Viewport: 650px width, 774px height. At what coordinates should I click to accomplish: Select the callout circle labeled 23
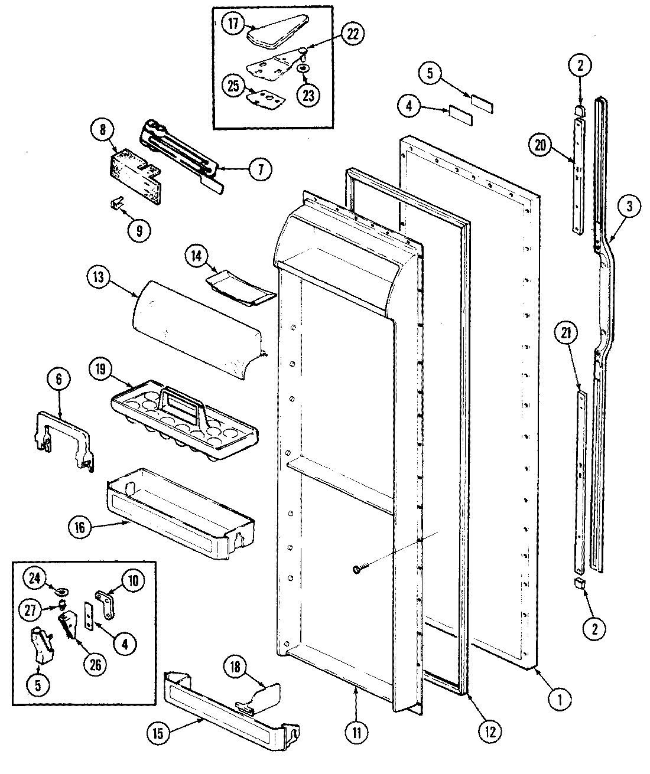(308, 94)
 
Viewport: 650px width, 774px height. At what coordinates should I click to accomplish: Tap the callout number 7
(261, 169)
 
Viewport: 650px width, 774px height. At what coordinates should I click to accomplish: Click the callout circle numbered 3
(629, 207)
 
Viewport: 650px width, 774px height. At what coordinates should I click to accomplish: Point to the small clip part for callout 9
(118, 204)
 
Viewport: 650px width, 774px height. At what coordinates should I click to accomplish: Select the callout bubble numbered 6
(58, 380)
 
